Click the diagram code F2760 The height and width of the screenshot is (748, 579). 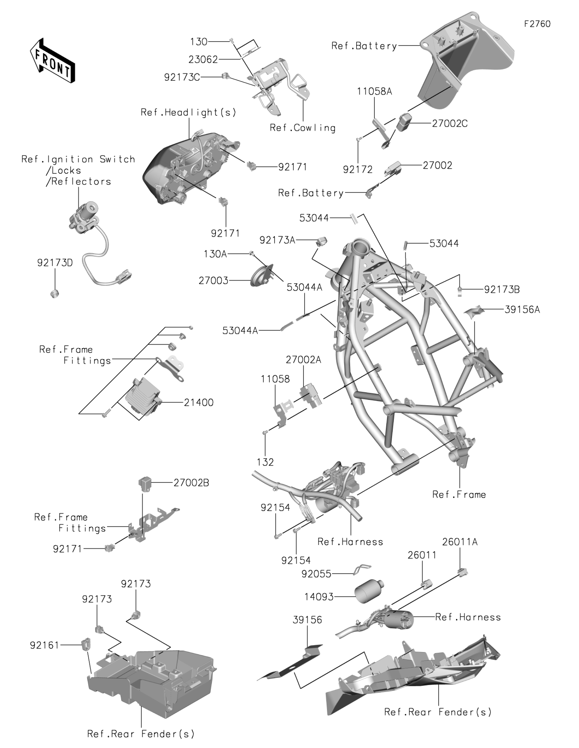pyautogui.click(x=537, y=24)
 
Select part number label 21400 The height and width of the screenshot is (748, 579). pyautogui.click(x=199, y=402)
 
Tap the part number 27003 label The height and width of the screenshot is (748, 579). pyautogui.click(x=213, y=281)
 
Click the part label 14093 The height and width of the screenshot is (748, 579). pyautogui.click(x=319, y=597)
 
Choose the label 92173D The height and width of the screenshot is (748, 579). pyautogui.click(x=55, y=263)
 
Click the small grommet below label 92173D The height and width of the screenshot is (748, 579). pyautogui.click(x=54, y=293)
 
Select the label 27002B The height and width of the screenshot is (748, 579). pyautogui.click(x=191, y=483)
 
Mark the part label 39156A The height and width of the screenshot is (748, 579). pyautogui.click(x=522, y=310)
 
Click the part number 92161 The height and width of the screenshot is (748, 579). pyautogui.click(x=45, y=645)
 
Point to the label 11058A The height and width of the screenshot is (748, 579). pyautogui.click(x=374, y=91)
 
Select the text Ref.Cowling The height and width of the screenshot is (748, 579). pyautogui.click(x=302, y=128)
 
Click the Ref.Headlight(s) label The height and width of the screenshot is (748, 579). pyautogui.click(x=188, y=112)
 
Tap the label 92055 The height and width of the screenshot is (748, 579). pyautogui.click(x=316, y=574)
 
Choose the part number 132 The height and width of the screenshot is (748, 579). pyautogui.click(x=265, y=462)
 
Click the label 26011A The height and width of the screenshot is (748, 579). pyautogui.click(x=459, y=542)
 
